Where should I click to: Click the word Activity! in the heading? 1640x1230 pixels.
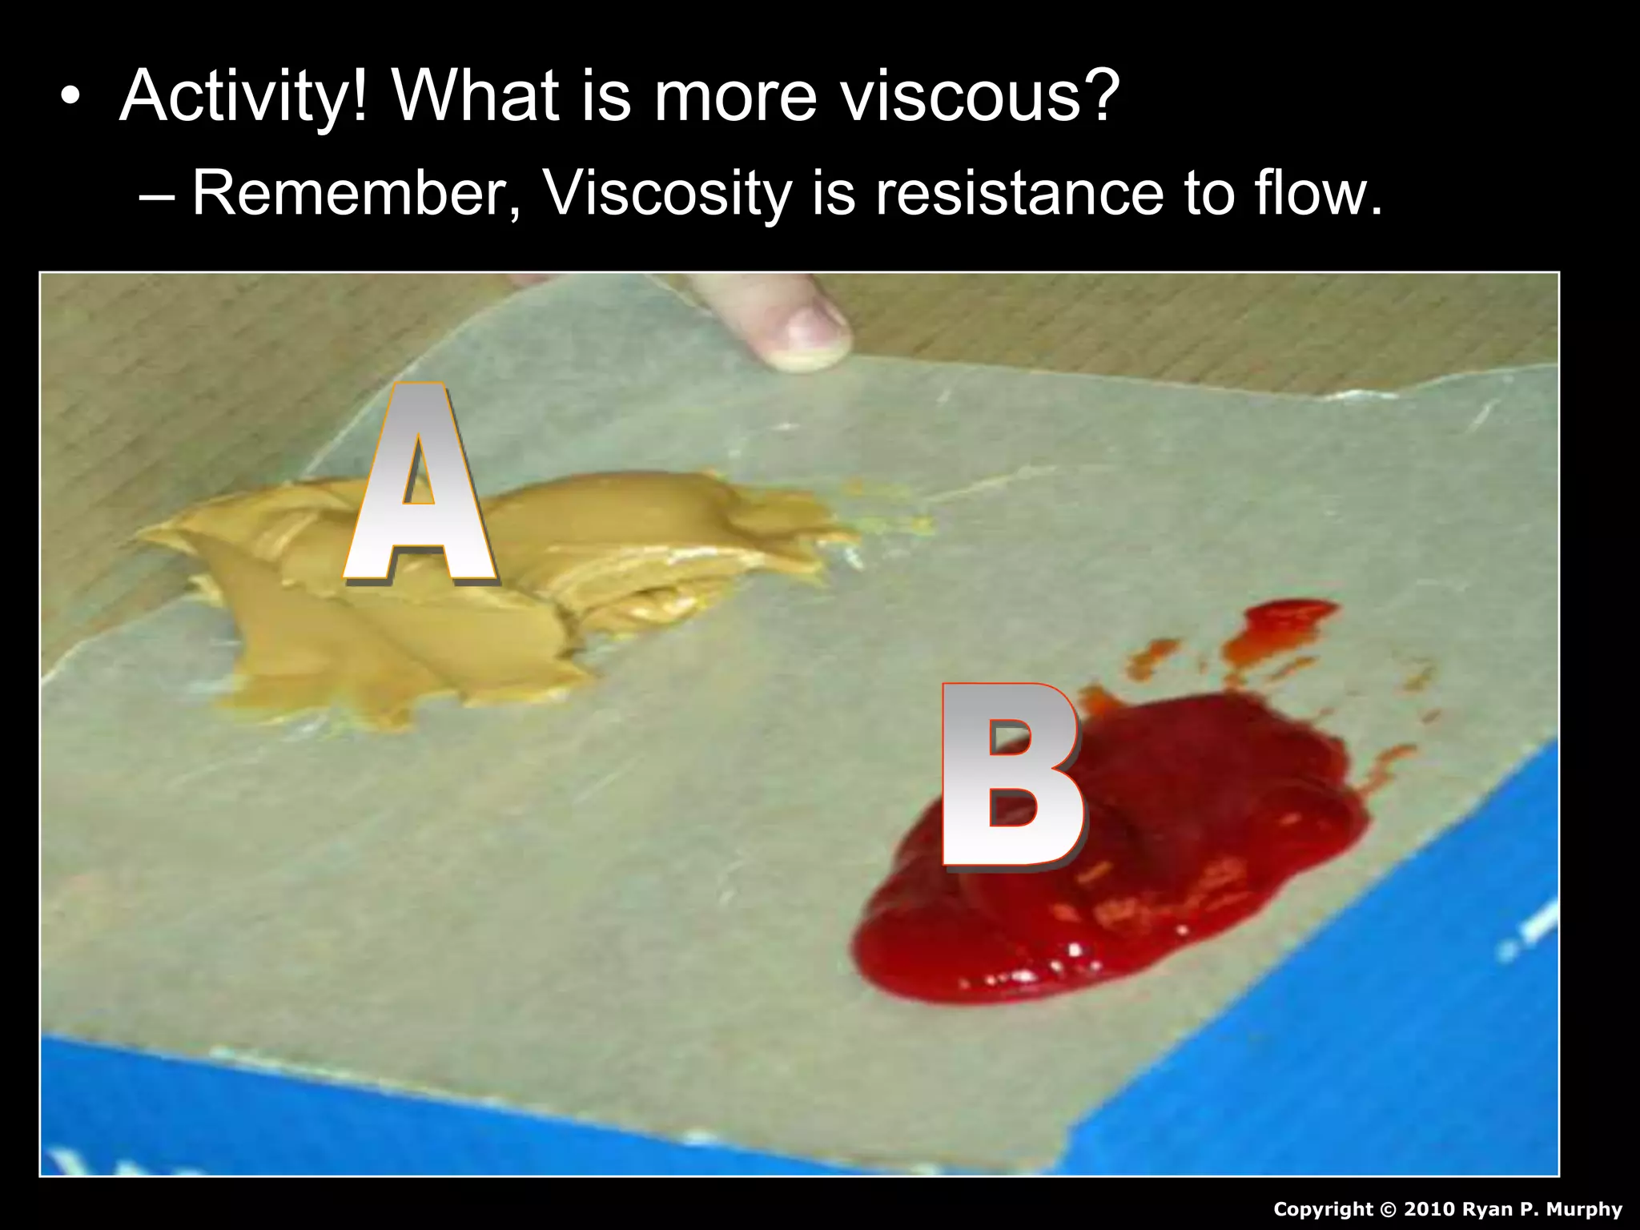(x=244, y=97)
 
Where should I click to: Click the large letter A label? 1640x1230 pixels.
(x=419, y=484)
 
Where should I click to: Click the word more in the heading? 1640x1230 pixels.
(x=735, y=97)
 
